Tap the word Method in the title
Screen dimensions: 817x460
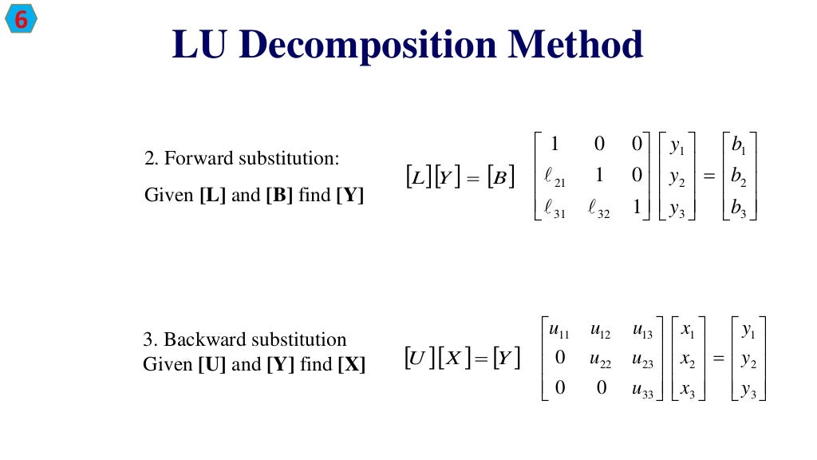576,45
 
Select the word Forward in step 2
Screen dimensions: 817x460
195,158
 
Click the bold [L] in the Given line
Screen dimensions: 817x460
211,195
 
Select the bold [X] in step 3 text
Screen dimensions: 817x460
352,365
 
